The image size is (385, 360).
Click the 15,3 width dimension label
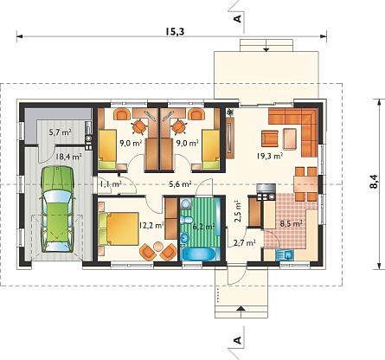point(175,31)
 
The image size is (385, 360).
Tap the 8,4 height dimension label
point(373,182)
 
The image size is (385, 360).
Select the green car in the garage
point(57,209)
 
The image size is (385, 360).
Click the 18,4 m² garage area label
point(68,157)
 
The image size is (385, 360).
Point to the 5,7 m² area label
point(61,132)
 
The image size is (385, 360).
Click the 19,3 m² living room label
point(269,156)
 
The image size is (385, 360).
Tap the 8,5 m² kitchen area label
point(291,223)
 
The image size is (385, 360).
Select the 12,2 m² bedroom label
point(151,225)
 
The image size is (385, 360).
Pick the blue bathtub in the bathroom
point(198,255)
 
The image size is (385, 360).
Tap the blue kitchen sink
point(285,255)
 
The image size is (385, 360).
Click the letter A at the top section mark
point(237,19)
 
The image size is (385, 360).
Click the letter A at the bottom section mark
point(237,340)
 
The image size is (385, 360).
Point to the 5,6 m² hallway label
point(181,184)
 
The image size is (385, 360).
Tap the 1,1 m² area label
point(111,183)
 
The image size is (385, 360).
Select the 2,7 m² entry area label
point(245,243)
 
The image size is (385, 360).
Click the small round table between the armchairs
point(158,247)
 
